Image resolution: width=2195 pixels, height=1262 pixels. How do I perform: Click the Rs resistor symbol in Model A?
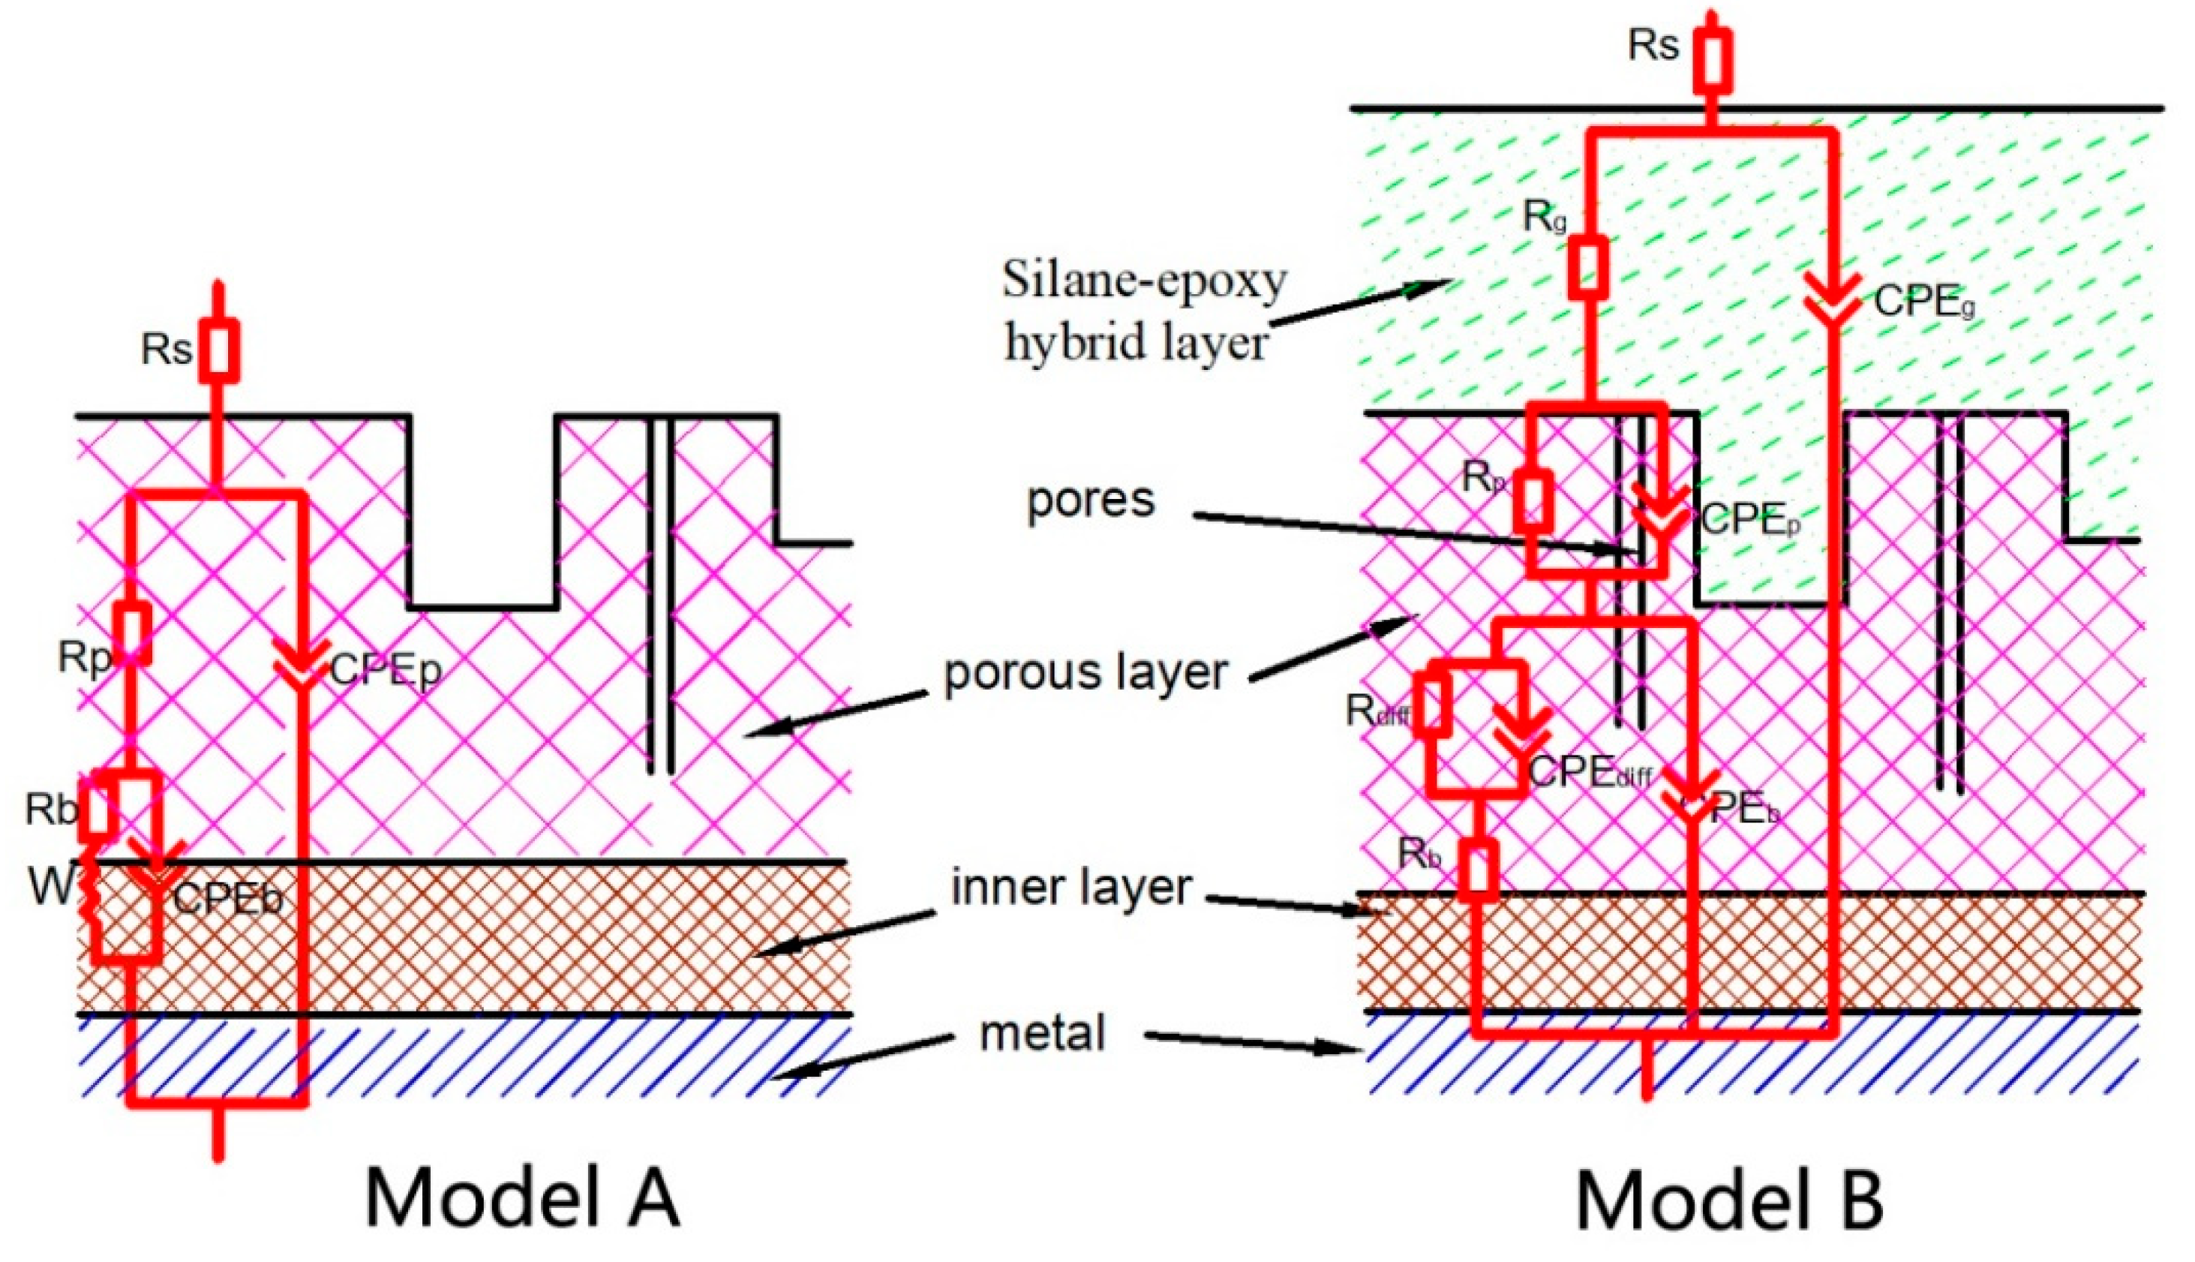click(218, 350)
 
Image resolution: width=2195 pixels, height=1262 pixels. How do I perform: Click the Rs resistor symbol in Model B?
click(1713, 60)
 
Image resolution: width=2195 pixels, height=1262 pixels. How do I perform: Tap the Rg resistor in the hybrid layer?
click(1587, 267)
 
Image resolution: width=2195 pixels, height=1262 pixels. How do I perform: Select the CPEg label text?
click(1923, 302)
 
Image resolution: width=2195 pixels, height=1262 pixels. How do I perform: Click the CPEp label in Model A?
click(385, 670)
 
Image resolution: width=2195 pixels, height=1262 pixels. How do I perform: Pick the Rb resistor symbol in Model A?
click(98, 810)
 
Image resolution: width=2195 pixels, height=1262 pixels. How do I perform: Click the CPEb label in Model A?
click(228, 900)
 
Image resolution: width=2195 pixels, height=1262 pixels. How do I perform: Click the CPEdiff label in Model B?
click(1588, 772)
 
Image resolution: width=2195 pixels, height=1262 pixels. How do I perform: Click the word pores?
click(1090, 500)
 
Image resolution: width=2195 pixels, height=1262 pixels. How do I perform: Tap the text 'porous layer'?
click(1085, 672)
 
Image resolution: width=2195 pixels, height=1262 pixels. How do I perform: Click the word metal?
click(1043, 1033)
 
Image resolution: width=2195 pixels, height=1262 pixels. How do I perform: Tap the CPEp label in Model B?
click(1749, 520)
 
